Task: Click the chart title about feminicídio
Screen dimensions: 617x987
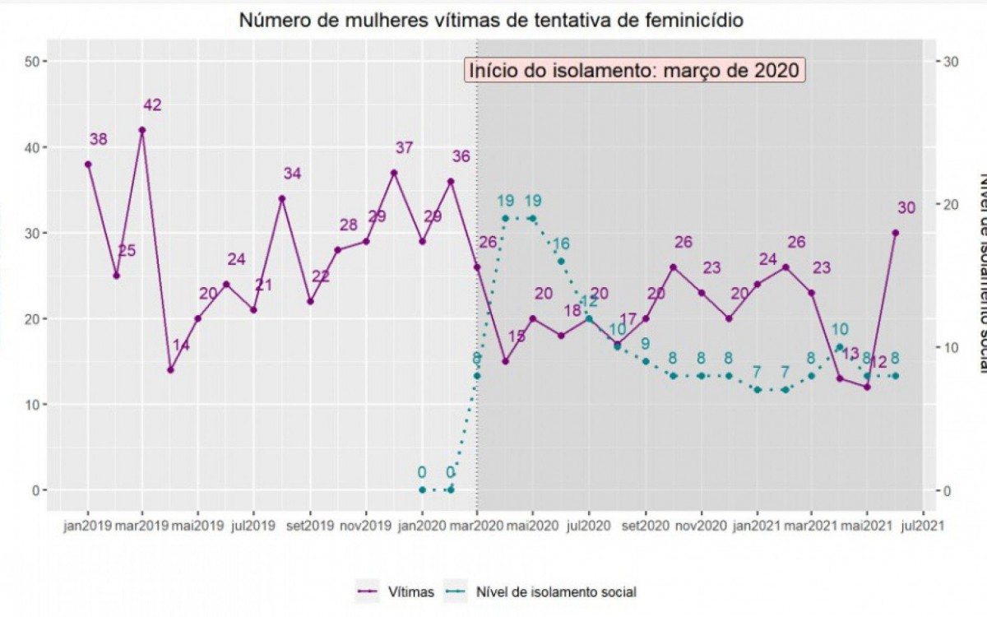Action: point(491,21)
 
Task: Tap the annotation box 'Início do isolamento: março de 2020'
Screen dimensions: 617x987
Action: point(634,70)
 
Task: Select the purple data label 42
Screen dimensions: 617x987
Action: point(152,105)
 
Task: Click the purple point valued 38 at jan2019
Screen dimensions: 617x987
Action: point(88,164)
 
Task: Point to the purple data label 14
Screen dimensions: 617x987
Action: point(181,346)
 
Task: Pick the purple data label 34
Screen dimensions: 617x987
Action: point(293,174)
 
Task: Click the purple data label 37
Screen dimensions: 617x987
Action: point(404,148)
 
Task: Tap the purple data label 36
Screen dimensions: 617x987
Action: point(461,156)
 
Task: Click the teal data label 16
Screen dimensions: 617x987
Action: point(561,244)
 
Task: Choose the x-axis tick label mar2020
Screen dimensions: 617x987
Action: point(477,523)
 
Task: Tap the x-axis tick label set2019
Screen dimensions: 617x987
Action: point(309,523)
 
